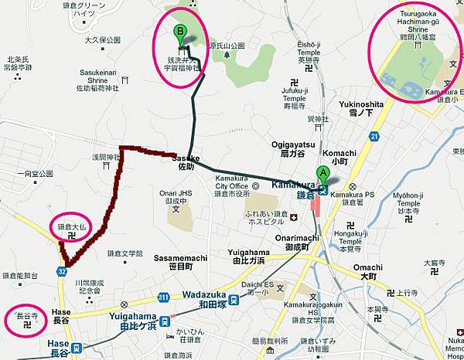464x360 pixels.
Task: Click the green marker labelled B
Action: click(181, 33)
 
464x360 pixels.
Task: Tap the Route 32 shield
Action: click(61, 271)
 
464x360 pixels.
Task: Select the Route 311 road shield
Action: click(162, 297)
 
